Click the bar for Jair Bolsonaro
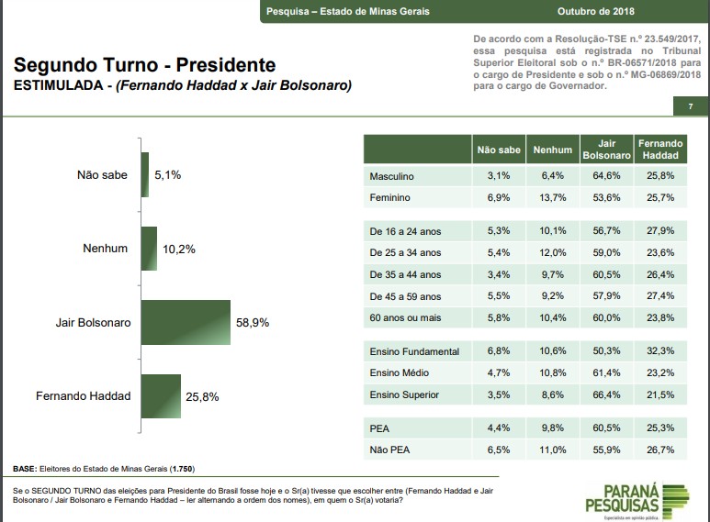[186, 322]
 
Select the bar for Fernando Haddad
[161, 395]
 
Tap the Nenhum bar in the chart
[149, 249]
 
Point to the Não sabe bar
[145, 174]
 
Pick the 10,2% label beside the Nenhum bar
[179, 250]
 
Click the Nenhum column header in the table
[552, 150]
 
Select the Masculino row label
[391, 176]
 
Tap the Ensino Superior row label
[403, 395]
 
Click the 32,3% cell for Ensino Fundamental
[659, 351]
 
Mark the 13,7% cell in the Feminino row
[552, 198]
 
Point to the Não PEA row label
[389, 450]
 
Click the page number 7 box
[690, 107]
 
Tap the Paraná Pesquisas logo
[635, 498]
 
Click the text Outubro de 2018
[596, 11]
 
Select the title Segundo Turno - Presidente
[145, 66]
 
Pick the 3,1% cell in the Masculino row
[499, 176]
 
